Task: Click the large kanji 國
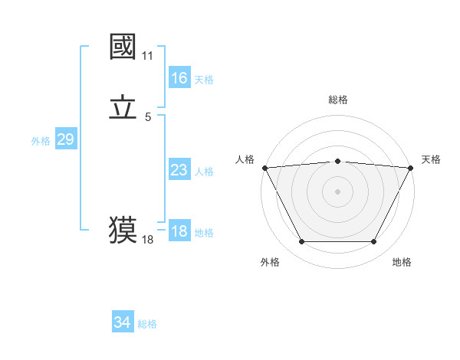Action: click(x=123, y=48)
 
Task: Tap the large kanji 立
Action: click(x=123, y=108)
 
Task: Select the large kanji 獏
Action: click(x=123, y=229)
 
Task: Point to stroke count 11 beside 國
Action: click(x=148, y=57)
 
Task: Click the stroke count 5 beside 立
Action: click(x=148, y=117)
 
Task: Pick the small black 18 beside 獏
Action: click(x=148, y=240)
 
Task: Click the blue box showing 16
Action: click(x=179, y=78)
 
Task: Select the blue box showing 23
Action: click(x=179, y=171)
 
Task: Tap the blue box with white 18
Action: click(x=179, y=231)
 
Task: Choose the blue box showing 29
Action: click(x=65, y=139)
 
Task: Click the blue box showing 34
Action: click(x=122, y=323)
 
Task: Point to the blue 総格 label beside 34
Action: click(x=147, y=324)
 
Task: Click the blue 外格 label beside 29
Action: click(x=41, y=140)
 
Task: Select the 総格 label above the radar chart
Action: click(x=338, y=100)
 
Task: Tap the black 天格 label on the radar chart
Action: click(x=431, y=159)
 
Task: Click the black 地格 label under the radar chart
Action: click(x=402, y=262)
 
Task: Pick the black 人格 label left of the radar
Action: click(x=245, y=159)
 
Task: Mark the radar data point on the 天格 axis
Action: click(x=411, y=167)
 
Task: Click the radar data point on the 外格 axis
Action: click(x=301, y=242)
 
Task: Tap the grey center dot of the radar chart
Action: click(x=337, y=191)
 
